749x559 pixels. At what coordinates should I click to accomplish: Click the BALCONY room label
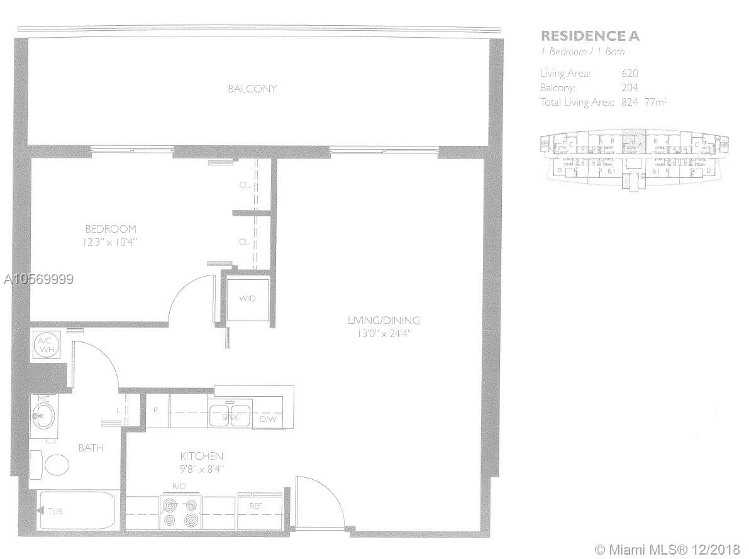(x=252, y=89)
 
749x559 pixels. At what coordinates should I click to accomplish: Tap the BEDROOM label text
(x=111, y=229)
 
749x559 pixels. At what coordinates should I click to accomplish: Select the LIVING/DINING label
(x=384, y=320)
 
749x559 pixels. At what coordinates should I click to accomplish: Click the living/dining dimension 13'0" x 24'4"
(x=384, y=333)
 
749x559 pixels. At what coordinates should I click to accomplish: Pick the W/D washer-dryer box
(x=247, y=298)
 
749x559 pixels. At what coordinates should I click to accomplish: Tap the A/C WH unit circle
(x=45, y=345)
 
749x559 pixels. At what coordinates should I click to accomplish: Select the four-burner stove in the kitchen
(x=179, y=512)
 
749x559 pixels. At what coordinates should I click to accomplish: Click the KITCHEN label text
(x=201, y=456)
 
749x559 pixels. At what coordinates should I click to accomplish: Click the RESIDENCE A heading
(x=590, y=36)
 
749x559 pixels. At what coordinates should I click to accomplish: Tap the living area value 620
(x=630, y=74)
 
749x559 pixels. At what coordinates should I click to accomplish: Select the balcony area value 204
(x=630, y=88)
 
